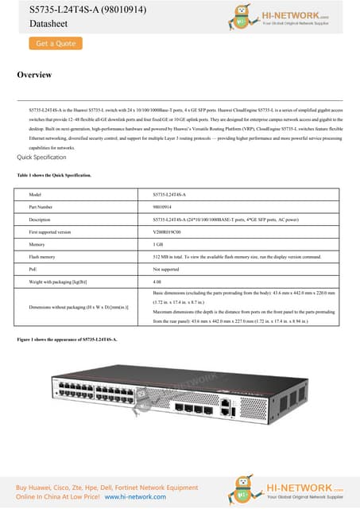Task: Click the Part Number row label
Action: click(41, 207)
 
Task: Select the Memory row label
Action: click(36, 245)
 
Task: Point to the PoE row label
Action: click(33, 270)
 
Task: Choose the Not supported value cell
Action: click(166, 270)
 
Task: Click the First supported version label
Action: click(49, 231)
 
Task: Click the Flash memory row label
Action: click(41, 258)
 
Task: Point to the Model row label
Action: click(34, 194)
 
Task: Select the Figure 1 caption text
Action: click(67, 340)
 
